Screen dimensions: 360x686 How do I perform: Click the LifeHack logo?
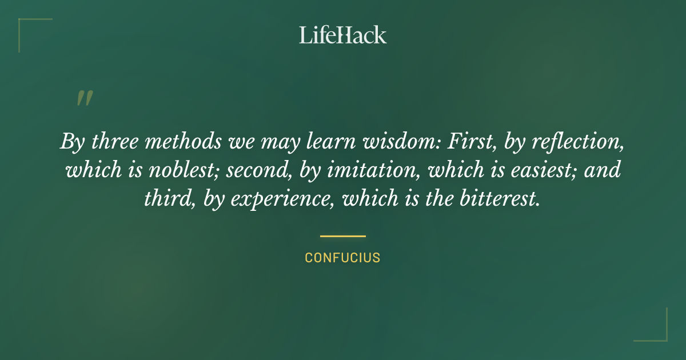(x=343, y=35)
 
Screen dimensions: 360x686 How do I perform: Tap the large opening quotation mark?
(x=84, y=99)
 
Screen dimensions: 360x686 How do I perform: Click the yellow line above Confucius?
(x=342, y=235)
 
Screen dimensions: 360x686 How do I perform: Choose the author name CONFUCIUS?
(x=342, y=258)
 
